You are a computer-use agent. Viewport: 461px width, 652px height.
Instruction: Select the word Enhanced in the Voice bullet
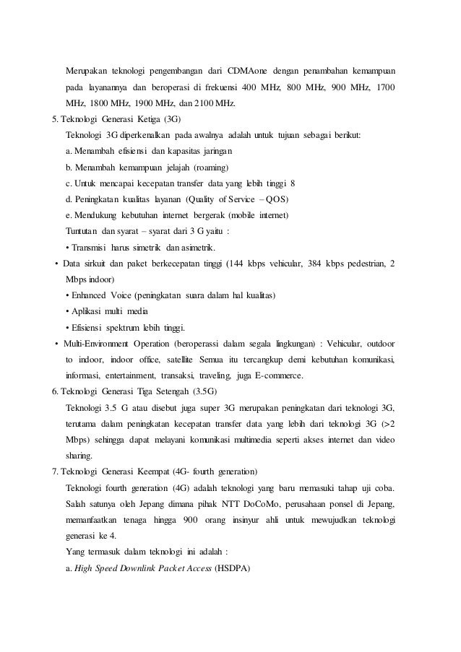(89, 296)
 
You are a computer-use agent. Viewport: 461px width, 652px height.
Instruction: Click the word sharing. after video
(79, 456)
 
